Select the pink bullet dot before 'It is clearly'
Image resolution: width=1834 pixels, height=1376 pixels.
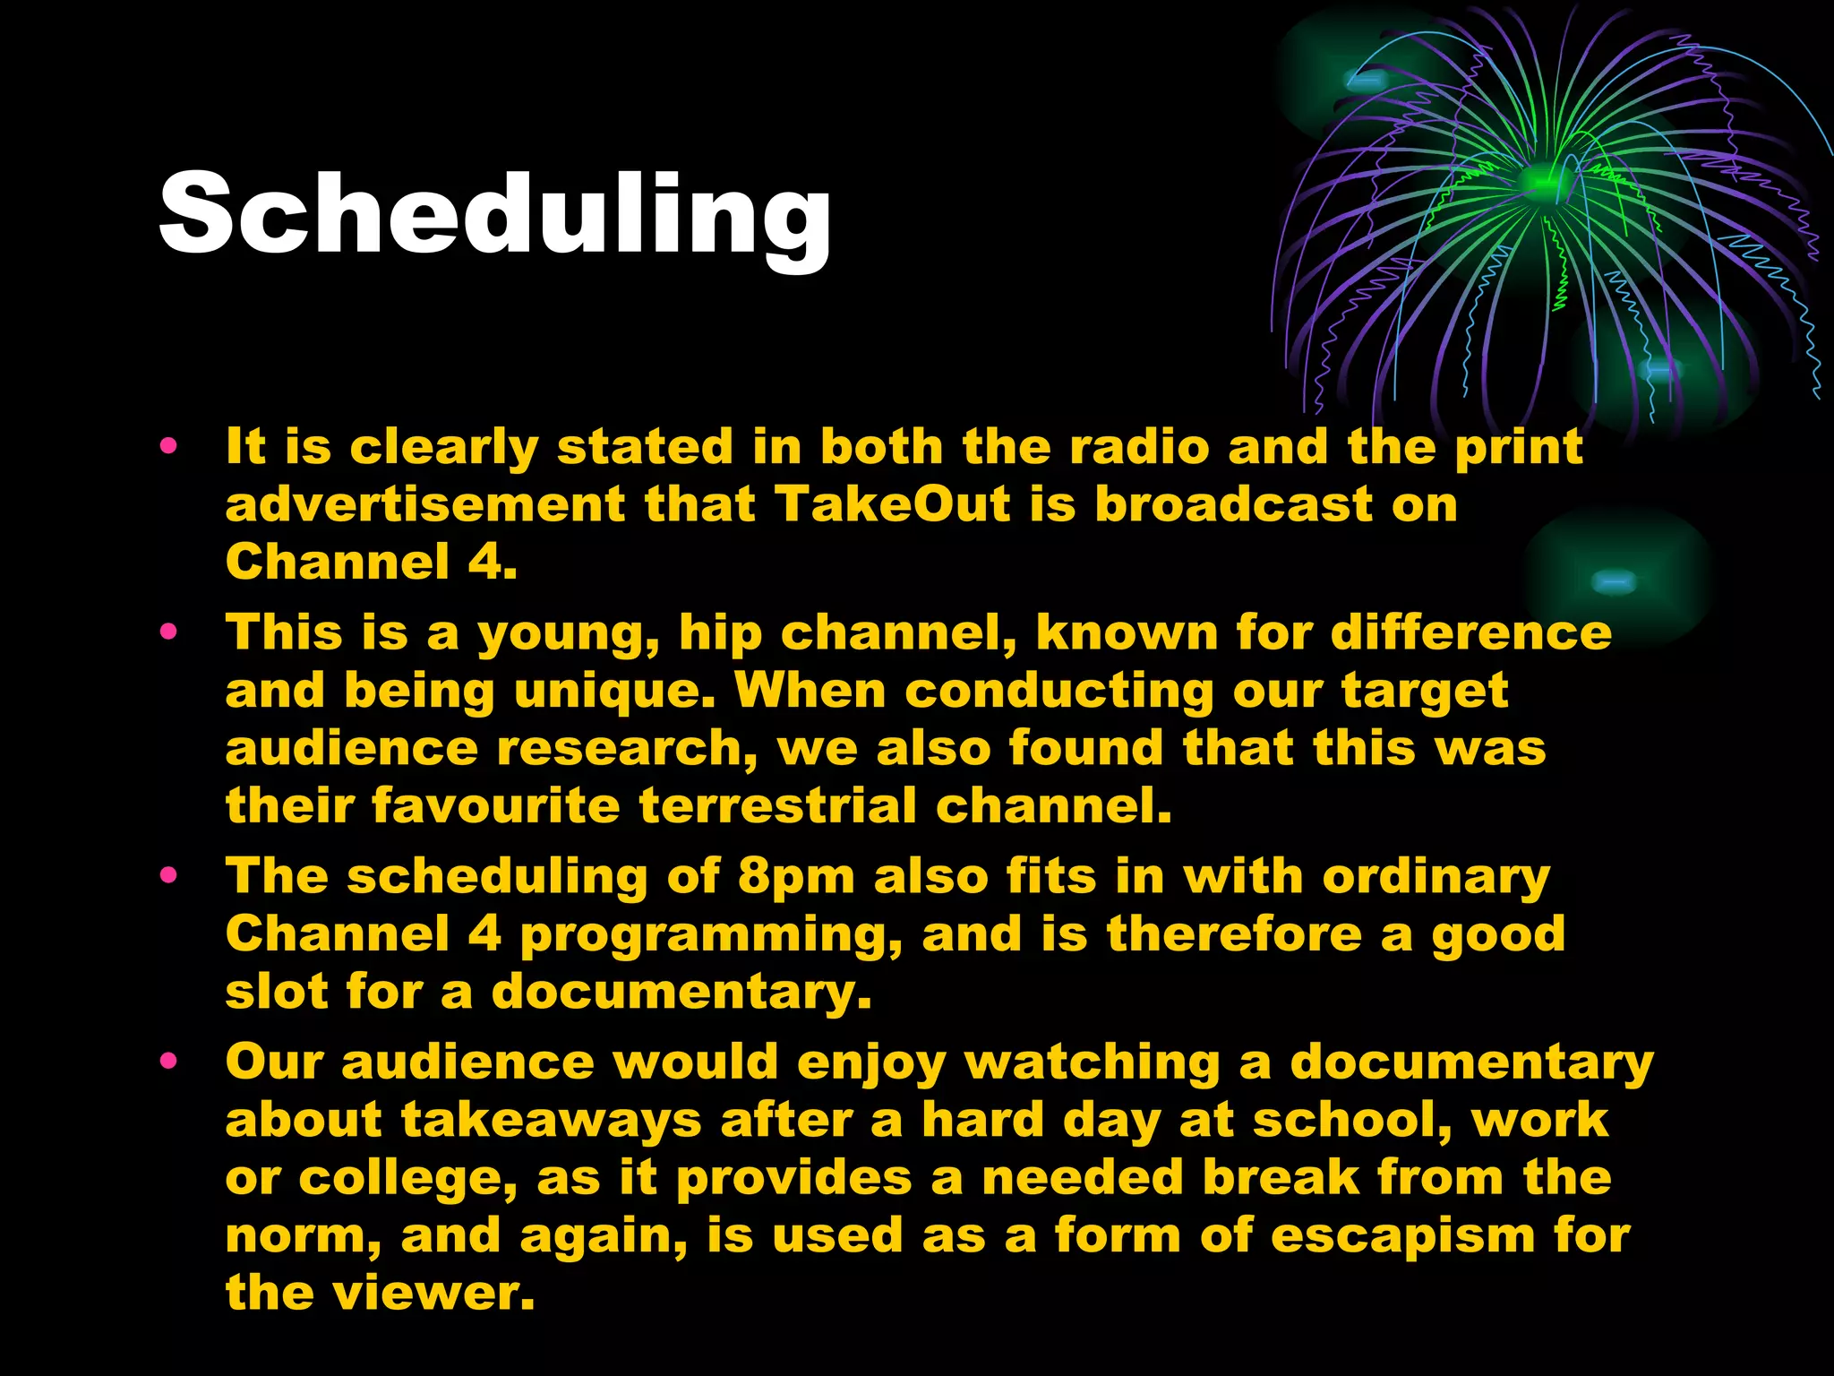168,445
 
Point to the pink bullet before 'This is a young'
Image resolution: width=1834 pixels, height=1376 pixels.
168,632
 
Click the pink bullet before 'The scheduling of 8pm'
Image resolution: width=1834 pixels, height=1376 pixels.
168,875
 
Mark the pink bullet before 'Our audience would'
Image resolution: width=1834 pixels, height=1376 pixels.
168,1062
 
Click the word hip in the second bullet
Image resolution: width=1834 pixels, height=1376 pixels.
720,633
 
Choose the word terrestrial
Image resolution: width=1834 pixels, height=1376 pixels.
777,805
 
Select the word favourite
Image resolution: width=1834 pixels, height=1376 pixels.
495,805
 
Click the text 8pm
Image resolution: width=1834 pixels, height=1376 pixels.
796,877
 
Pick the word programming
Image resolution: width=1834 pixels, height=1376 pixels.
711,935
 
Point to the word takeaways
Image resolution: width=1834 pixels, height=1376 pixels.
551,1121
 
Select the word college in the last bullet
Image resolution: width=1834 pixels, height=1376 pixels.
407,1179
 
